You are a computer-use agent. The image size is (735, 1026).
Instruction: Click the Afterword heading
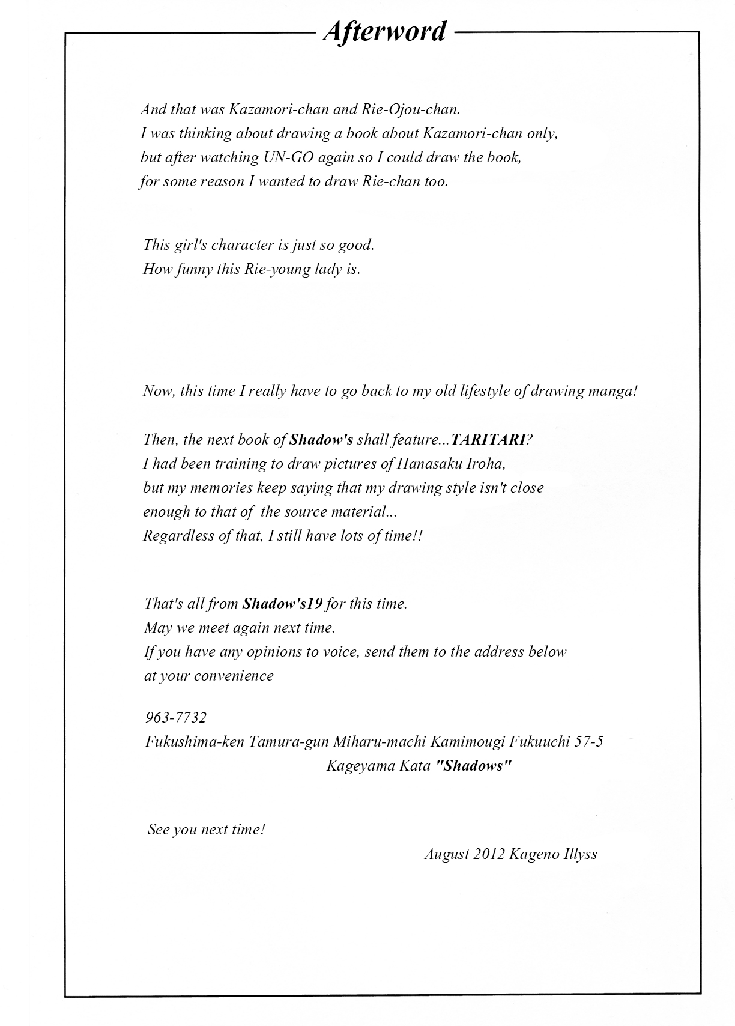click(x=384, y=31)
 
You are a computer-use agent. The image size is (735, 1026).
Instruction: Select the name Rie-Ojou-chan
click(x=411, y=109)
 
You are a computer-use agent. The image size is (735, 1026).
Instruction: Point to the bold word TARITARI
click(x=488, y=439)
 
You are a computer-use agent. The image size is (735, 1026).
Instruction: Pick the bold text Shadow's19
click(x=283, y=603)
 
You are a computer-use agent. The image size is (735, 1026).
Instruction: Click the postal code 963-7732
click(x=176, y=717)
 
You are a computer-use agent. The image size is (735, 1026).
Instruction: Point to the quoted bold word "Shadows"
click(x=474, y=766)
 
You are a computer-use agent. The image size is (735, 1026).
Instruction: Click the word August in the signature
click(x=446, y=854)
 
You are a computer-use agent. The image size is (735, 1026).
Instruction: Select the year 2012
click(x=489, y=854)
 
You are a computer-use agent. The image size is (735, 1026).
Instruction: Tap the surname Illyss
click(x=581, y=854)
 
